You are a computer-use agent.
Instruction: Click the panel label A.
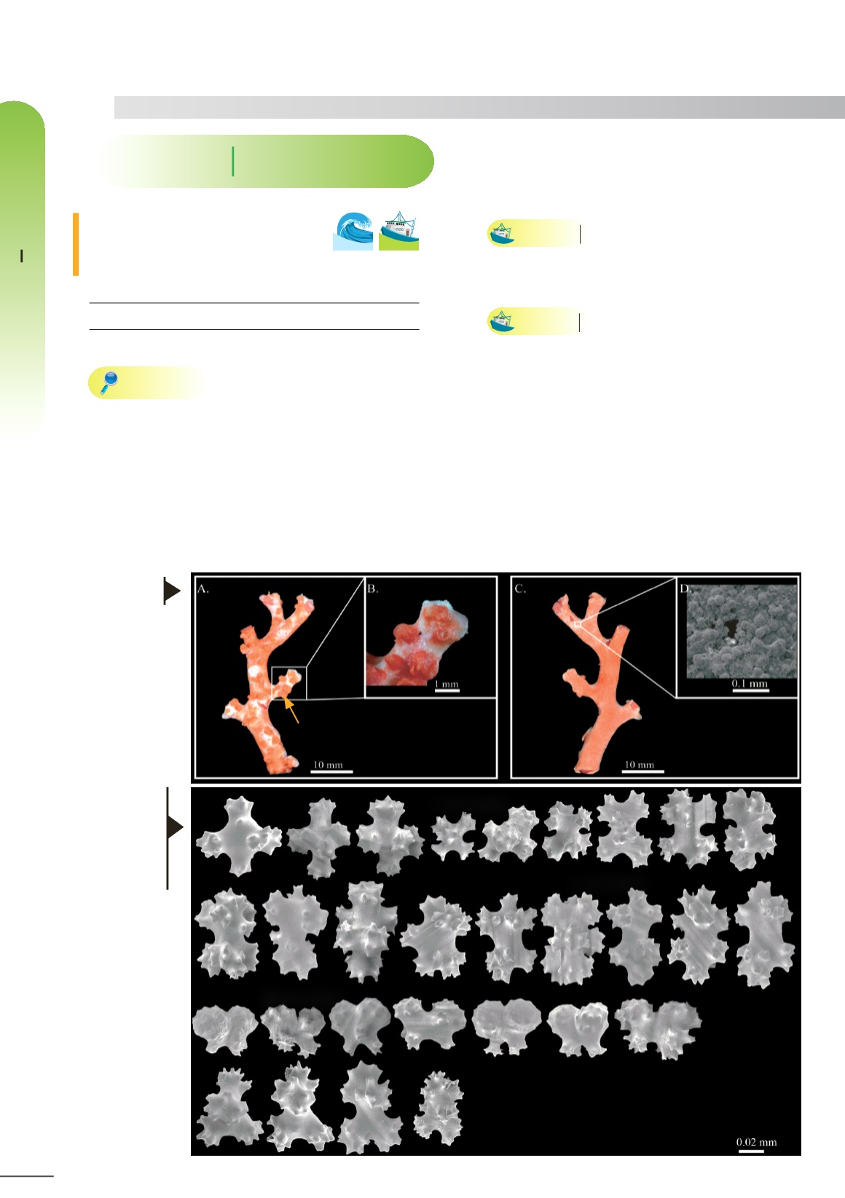click(203, 589)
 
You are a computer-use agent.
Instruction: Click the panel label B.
click(373, 589)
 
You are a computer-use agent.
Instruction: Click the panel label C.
click(520, 589)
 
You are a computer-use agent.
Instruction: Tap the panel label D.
click(685, 589)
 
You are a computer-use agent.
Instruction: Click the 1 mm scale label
click(447, 684)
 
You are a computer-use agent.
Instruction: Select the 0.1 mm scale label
click(750, 684)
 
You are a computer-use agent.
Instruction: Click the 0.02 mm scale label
click(756, 1142)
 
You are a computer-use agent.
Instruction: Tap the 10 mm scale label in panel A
click(328, 765)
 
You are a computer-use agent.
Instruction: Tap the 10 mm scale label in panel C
click(639, 764)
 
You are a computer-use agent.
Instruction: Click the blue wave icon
click(353, 231)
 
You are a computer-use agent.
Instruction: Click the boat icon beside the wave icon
click(398, 231)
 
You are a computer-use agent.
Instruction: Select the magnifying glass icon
click(109, 382)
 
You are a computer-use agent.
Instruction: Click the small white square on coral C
click(578, 624)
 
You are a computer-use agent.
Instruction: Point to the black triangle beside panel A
click(173, 591)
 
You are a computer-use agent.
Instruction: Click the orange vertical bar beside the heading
click(76, 245)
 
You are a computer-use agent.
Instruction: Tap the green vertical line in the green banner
click(232, 162)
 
